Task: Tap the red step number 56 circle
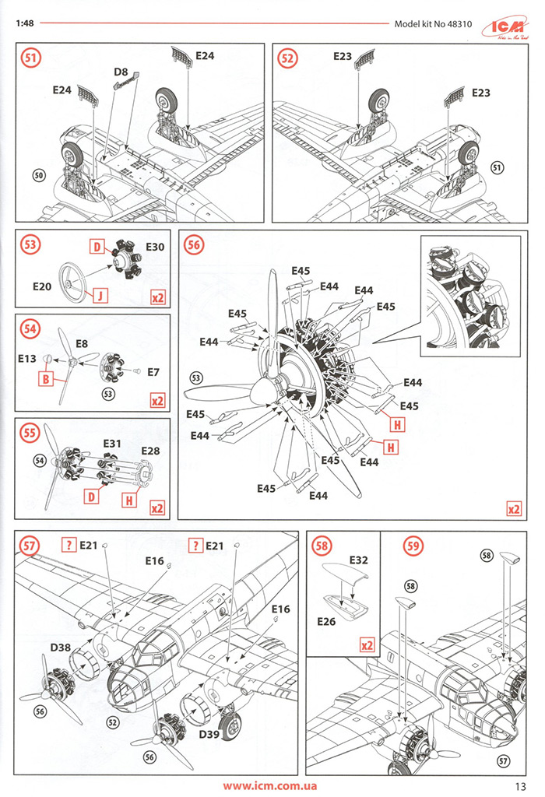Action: [195, 244]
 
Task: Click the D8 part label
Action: [121, 72]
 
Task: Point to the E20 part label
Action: [42, 286]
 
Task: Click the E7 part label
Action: [153, 372]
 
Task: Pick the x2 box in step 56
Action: [513, 509]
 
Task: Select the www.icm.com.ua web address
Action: [269, 785]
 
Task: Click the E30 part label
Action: [155, 247]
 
